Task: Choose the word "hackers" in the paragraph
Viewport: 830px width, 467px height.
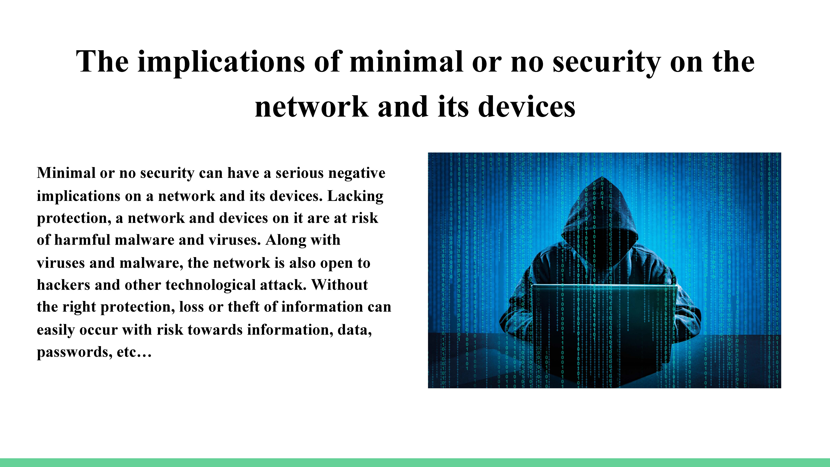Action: [63, 285]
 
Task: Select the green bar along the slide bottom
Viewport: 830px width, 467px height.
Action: [415, 462]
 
